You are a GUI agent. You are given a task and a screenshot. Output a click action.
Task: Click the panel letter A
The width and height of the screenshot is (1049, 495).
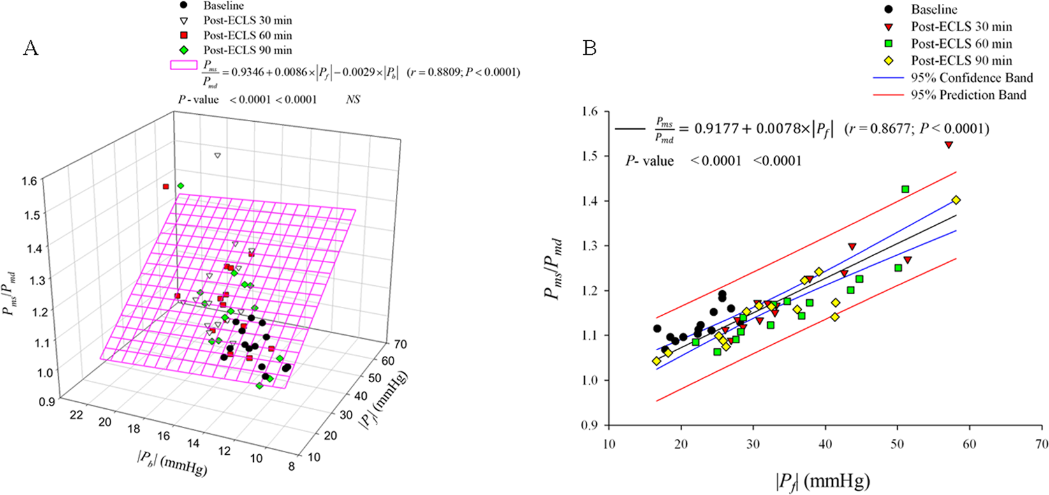(x=31, y=48)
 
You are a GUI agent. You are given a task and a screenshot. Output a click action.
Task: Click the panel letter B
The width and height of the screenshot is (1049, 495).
(x=589, y=48)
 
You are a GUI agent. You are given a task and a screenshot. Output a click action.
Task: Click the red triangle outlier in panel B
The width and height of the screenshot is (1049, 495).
(x=949, y=145)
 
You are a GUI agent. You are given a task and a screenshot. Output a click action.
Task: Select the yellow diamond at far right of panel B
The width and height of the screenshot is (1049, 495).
(x=956, y=200)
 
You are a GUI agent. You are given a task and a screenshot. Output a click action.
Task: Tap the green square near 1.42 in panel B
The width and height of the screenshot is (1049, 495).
(x=905, y=189)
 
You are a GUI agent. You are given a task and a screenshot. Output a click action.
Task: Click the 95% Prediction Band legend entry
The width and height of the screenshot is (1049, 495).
(x=968, y=95)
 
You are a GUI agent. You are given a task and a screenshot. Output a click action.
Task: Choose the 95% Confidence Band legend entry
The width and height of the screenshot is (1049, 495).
(x=971, y=78)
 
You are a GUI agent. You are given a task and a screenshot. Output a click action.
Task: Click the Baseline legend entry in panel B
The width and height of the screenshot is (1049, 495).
(x=934, y=10)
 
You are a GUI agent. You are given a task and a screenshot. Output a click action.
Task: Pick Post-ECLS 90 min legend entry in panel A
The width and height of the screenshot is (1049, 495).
(x=247, y=50)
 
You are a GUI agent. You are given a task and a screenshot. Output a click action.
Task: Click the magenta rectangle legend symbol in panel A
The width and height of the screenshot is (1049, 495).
(x=184, y=65)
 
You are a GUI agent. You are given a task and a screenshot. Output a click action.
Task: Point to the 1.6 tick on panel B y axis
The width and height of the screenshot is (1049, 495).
(x=590, y=112)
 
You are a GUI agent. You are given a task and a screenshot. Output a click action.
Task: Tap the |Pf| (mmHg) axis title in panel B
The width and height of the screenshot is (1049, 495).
(x=822, y=480)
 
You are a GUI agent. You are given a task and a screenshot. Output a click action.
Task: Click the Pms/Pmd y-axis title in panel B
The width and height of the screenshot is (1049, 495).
(x=554, y=269)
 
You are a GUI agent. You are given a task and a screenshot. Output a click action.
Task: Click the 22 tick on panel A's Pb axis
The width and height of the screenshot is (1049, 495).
(x=77, y=415)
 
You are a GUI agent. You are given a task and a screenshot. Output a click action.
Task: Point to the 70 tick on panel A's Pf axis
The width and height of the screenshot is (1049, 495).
(x=400, y=344)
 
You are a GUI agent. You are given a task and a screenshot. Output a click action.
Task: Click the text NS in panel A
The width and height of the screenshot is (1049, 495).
(x=353, y=100)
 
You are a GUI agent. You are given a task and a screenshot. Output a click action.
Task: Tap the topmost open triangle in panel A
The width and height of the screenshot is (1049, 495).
(x=217, y=156)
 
